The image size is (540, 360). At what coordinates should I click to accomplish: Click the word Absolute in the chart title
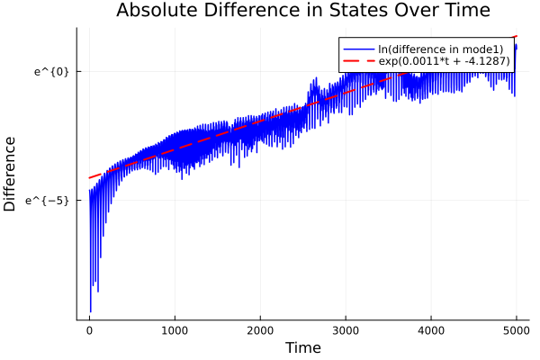[156, 11]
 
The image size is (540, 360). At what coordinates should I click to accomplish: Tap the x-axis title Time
[302, 348]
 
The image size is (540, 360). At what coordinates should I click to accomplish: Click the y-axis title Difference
[11, 174]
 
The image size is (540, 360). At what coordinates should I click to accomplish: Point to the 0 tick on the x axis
[89, 330]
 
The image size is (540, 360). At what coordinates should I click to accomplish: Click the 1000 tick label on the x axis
[175, 330]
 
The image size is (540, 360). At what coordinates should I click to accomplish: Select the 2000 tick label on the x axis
[260, 330]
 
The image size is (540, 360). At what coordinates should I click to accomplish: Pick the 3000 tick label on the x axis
[346, 330]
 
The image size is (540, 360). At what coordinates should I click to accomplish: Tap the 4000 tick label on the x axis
[431, 330]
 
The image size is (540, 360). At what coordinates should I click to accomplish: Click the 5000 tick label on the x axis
[516, 330]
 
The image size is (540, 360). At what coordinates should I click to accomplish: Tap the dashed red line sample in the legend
[357, 61]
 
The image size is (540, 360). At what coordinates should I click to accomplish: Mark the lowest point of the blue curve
[91, 311]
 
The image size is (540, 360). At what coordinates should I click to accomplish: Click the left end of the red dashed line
[89, 177]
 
